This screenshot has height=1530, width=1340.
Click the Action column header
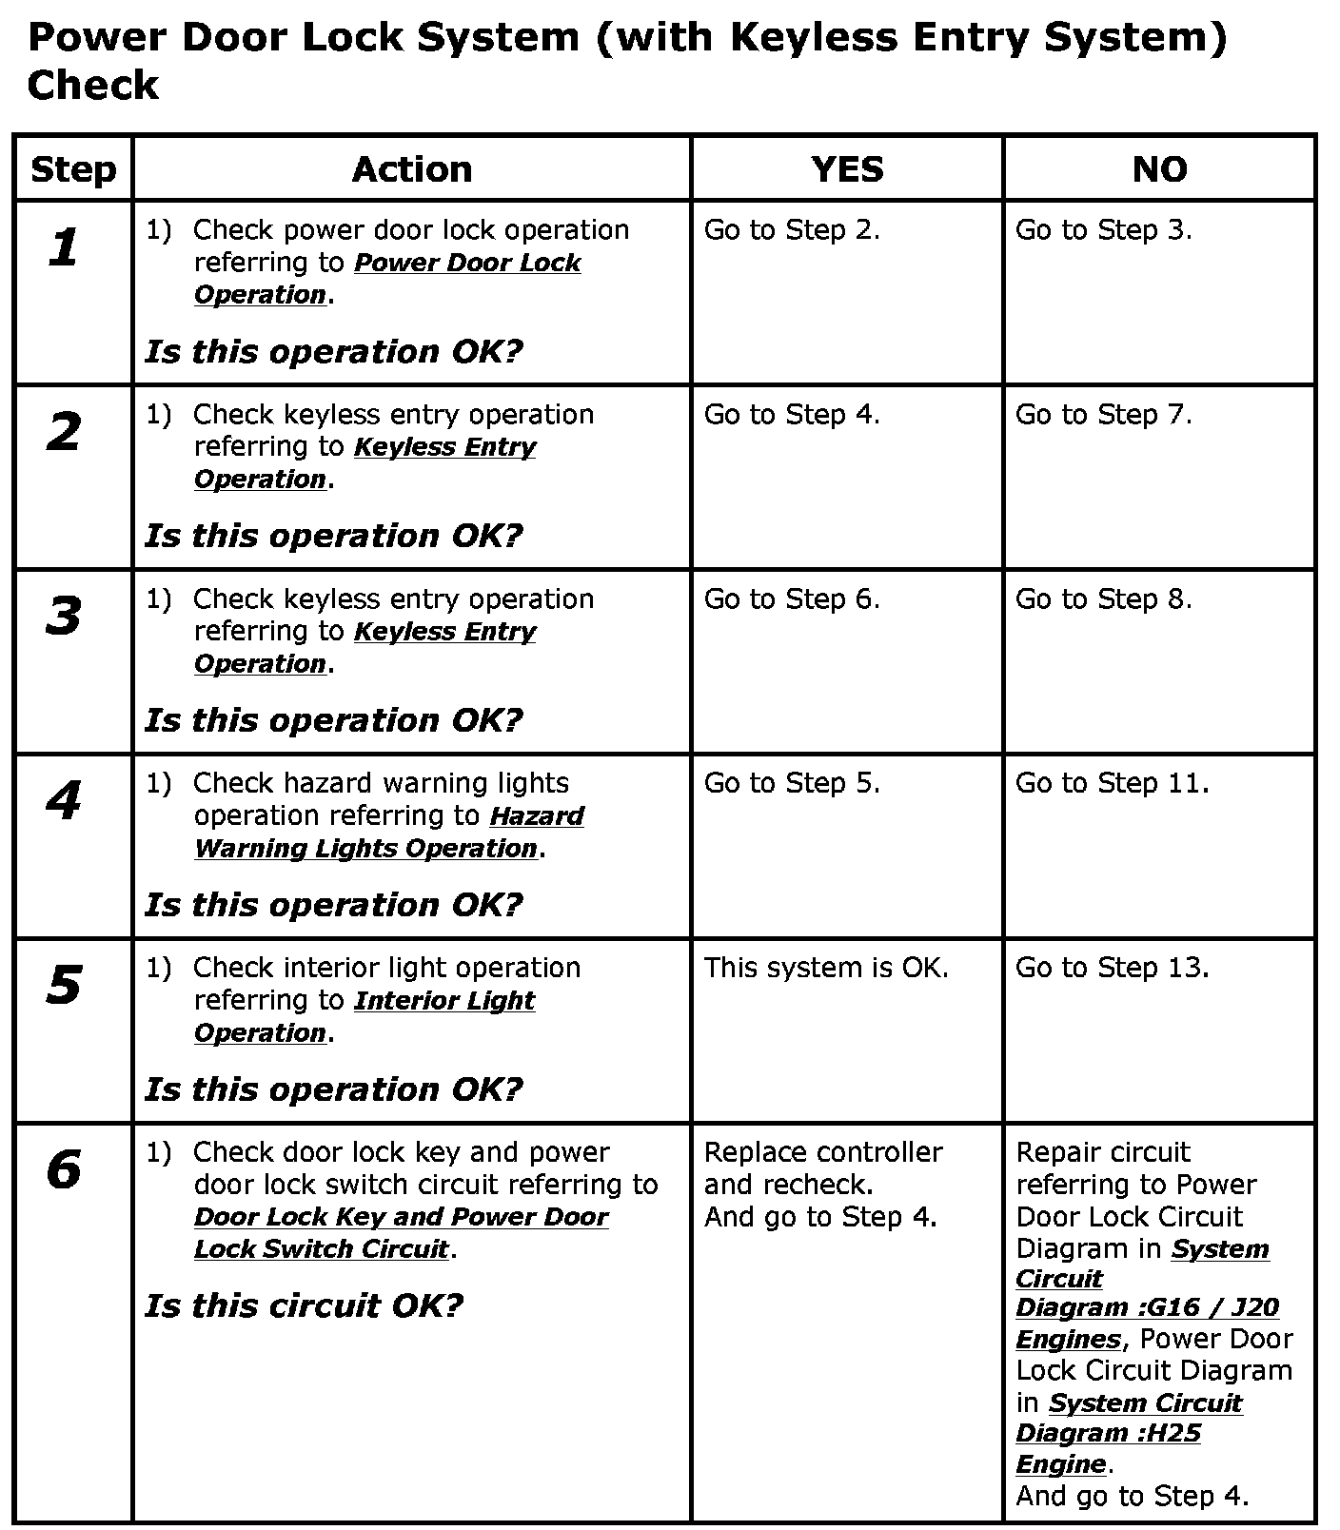(x=411, y=169)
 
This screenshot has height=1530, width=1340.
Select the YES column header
(x=847, y=169)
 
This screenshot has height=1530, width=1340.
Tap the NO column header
(x=1159, y=169)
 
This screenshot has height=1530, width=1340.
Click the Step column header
(x=73, y=169)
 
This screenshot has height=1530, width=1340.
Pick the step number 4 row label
(x=64, y=800)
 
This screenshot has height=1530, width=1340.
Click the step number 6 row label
(x=64, y=1169)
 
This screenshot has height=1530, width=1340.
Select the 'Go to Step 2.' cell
(x=792, y=230)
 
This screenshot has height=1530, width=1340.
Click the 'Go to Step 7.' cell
(x=1103, y=415)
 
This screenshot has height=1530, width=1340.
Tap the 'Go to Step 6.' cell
(x=792, y=599)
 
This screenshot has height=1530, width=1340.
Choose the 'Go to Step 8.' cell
(x=1103, y=599)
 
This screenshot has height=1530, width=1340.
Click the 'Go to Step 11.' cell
(x=1112, y=783)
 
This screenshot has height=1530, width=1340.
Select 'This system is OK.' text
(x=826, y=968)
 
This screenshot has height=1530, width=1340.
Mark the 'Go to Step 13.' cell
(x=1112, y=968)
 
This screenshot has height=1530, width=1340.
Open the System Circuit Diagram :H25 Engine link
(x=1128, y=1432)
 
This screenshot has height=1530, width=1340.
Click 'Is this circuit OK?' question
(x=304, y=1305)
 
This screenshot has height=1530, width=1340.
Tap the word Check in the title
(x=92, y=86)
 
